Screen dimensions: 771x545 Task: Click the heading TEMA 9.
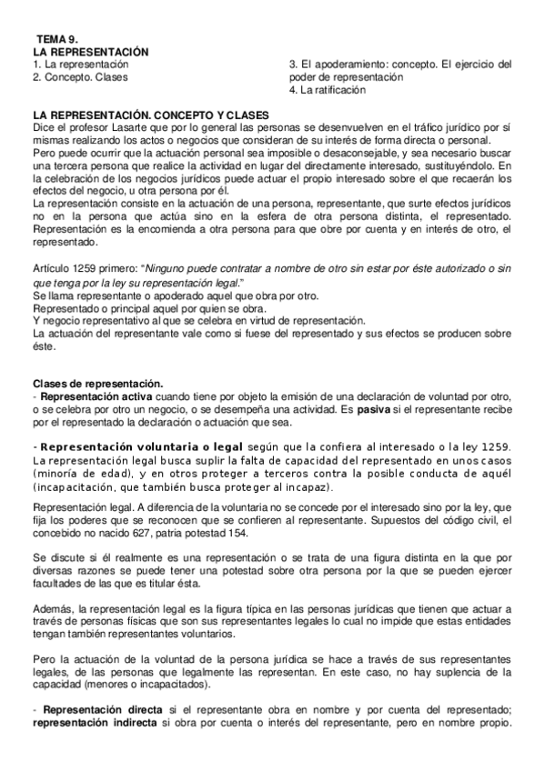pos(57,41)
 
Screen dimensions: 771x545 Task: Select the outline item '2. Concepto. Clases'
pos(80,77)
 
